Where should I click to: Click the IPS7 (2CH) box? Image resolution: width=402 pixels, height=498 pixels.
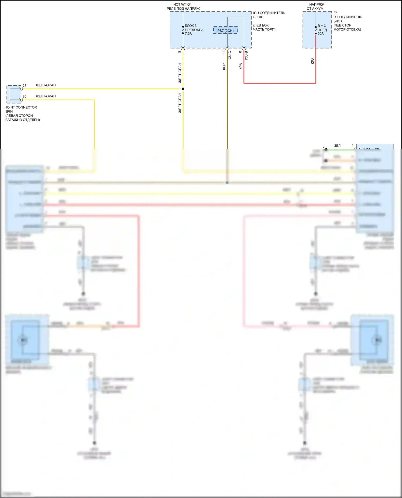225,30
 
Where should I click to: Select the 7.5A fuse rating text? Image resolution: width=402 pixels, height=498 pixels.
188,34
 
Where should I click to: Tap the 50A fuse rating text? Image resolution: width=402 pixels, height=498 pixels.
321,34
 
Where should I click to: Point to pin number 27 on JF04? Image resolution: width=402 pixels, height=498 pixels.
24,86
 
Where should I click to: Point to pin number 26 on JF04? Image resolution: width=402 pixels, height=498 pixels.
24,96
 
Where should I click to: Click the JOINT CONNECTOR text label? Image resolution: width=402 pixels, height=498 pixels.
21,107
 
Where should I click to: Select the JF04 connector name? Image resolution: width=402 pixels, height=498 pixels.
9,112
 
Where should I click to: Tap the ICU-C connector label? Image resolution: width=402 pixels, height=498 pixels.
230,55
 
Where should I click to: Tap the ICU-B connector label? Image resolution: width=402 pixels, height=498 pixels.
246,55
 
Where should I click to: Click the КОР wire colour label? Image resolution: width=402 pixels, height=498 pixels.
224,66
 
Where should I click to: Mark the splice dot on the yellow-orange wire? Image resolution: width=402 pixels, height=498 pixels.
183,89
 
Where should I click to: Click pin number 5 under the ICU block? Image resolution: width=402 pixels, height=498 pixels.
179,52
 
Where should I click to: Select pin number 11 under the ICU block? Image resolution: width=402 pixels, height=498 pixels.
224,52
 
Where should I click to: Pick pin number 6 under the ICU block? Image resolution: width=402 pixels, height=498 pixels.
240,52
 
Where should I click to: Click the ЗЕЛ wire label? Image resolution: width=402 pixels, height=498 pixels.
337,146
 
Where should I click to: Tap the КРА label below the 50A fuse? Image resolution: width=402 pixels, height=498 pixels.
312,61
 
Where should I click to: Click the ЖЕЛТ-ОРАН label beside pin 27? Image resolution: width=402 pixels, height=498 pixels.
46,85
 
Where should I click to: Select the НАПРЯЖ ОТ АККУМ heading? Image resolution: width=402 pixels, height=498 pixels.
316,6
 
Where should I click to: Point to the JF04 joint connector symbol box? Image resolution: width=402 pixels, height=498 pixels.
14,94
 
